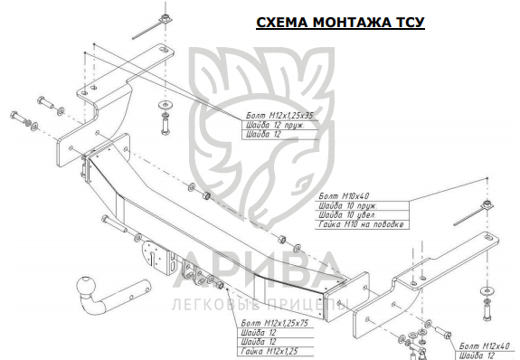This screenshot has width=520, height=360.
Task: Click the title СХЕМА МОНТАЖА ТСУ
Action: pos(340,23)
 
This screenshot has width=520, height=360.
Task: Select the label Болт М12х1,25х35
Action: pos(279,116)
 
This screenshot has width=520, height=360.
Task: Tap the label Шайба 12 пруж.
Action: pos(275,125)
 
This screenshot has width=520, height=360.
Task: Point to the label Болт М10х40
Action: pos(344,196)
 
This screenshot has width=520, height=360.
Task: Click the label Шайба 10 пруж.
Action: pos(347,205)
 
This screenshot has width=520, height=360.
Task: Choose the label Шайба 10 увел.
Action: pos(347,215)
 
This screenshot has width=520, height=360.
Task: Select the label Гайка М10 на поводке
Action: pos(361,224)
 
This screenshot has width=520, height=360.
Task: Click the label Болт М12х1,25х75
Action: pos(275,323)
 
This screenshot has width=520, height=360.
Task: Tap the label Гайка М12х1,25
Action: pos(269,351)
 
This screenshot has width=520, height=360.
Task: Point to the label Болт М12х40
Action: pos(484,346)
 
